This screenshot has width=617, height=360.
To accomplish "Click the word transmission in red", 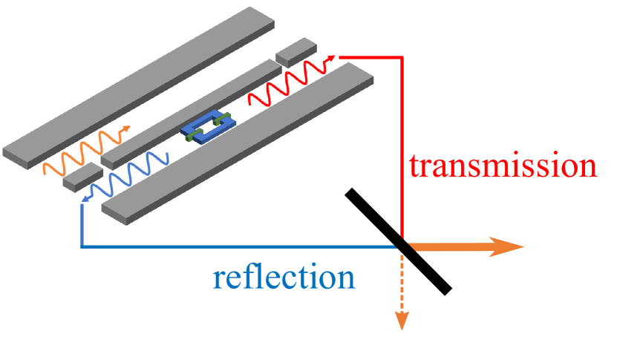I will pyautogui.click(x=503, y=166).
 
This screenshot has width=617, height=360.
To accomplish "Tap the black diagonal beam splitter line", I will pyautogui.click(x=397, y=240).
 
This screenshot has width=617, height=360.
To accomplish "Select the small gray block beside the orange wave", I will pyautogui.click(x=82, y=177).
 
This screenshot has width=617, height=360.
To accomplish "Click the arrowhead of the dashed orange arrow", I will pyautogui.click(x=402, y=321).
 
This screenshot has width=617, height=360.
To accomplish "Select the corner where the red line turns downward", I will pyautogui.click(x=402, y=56).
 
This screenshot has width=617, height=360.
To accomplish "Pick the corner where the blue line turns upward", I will pyautogui.click(x=81, y=246).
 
